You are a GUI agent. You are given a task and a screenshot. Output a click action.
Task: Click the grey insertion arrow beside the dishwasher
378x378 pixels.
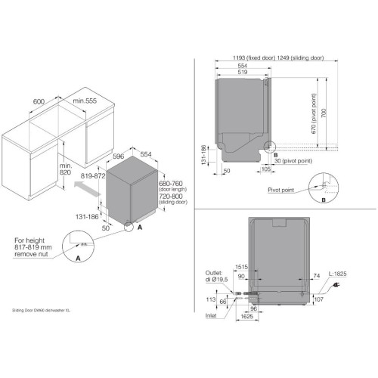tap(90, 192)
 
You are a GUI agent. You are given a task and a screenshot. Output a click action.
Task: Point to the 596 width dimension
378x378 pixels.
tap(117, 157)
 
